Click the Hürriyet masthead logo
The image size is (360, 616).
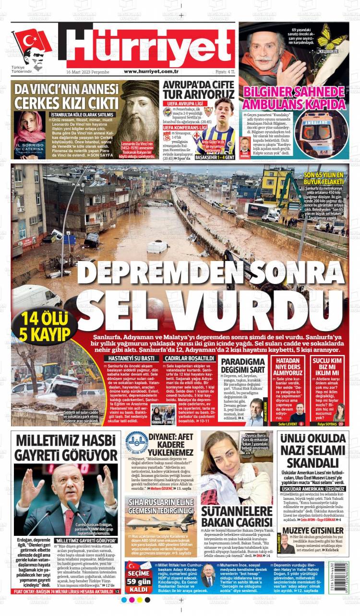[149, 46]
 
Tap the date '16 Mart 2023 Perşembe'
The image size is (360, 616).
[87, 71]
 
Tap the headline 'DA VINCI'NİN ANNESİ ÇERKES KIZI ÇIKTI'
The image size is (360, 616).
[66, 96]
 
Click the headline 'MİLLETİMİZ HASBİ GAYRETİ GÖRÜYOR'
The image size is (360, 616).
[66, 448]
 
